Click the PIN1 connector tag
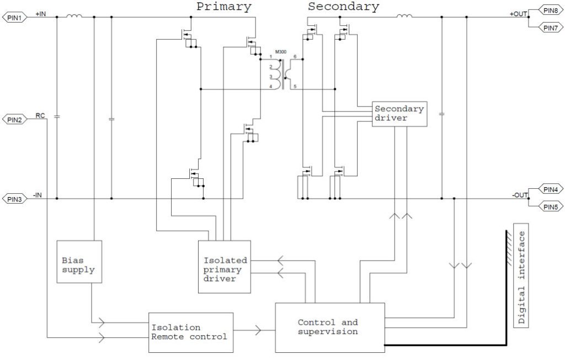(14, 17)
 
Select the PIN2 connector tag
(14, 119)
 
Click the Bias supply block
(78, 262)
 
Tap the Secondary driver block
(398, 114)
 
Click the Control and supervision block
(329, 327)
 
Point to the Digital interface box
(521, 276)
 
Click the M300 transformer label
(281, 52)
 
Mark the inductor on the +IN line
(74, 17)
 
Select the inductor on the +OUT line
(404, 17)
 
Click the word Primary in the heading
(223, 7)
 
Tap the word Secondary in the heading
(343, 7)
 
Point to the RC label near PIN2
(40, 115)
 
